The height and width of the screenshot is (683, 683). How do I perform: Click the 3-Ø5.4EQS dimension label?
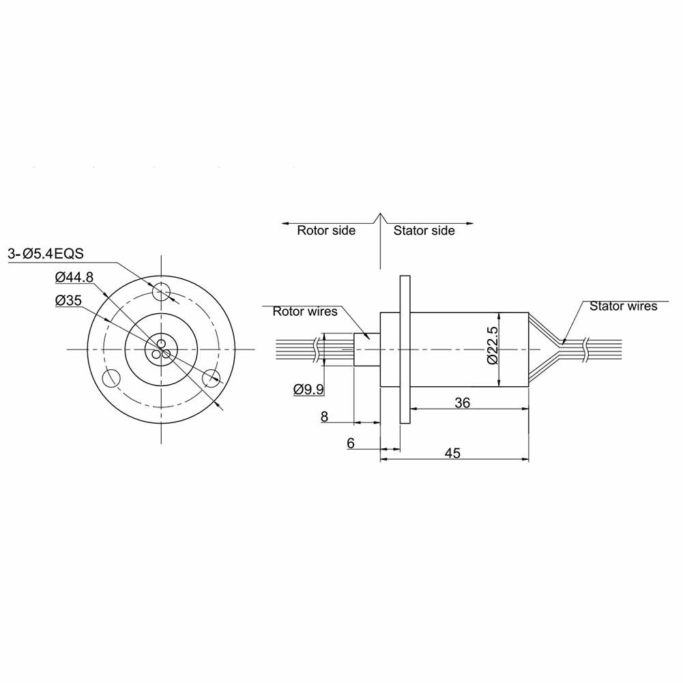pos(46,254)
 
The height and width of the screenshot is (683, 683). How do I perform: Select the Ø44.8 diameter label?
pos(76,276)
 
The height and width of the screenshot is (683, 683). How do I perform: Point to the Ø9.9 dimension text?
pos(308,389)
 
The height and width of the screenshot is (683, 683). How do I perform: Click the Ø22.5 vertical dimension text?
pos(493,349)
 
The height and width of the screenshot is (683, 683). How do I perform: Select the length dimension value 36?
pos(462,403)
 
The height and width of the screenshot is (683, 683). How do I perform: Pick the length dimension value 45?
pos(452,452)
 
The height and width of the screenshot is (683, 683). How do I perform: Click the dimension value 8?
pos(324,417)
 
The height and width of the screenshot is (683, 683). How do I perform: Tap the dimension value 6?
pos(351,443)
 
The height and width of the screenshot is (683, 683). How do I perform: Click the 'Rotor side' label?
pos(325,231)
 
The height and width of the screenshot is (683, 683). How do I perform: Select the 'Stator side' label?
pos(424,231)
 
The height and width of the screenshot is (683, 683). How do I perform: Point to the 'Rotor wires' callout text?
pos(305,312)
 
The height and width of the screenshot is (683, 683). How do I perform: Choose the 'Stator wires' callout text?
pos(623,306)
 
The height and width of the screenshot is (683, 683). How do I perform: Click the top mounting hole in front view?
pos(162,292)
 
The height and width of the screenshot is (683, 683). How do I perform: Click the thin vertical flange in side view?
pos(405,349)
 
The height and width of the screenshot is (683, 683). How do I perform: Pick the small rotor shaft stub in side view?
pos(366,349)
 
